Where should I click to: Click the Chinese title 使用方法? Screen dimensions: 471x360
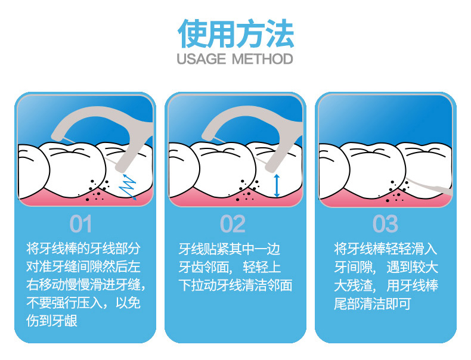click(x=236, y=33)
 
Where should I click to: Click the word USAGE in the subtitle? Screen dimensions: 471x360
click(x=202, y=59)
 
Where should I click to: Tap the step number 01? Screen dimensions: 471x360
click(x=80, y=224)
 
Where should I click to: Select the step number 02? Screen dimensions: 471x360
click(x=233, y=224)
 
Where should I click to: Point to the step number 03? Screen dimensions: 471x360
click(x=385, y=224)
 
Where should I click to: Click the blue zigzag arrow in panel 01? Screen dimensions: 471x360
click(x=128, y=187)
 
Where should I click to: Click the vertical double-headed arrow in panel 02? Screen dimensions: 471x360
click(x=277, y=185)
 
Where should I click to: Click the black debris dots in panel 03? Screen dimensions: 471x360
click(x=397, y=191)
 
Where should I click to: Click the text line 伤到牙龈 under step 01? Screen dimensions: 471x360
click(x=52, y=321)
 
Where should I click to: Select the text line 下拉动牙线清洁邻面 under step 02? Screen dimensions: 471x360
click(x=235, y=285)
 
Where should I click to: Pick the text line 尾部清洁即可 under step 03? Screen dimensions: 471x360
click(x=373, y=304)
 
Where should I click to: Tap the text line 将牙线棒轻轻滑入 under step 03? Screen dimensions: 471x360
click(x=385, y=249)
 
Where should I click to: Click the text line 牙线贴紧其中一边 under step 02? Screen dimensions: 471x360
click(x=230, y=249)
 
